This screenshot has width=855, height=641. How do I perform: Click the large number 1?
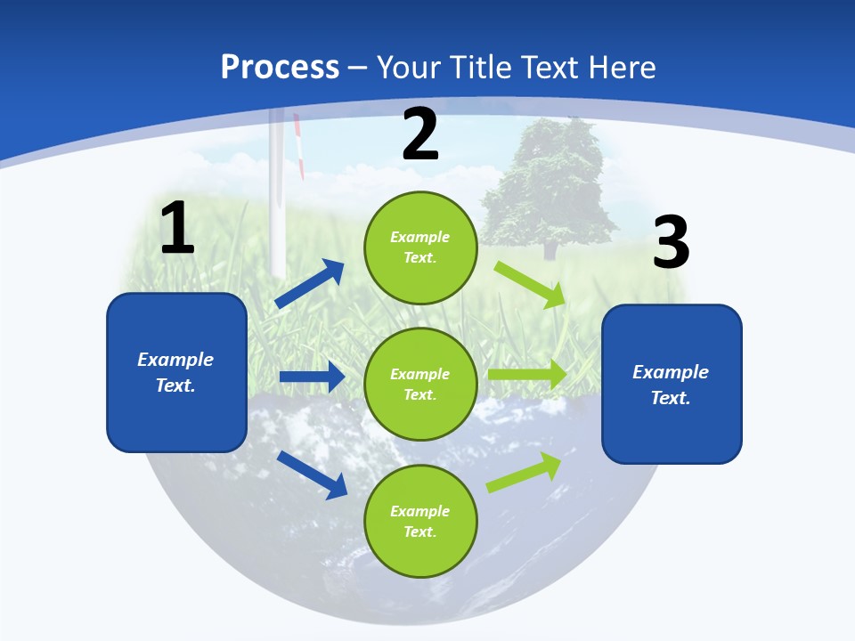click(177, 228)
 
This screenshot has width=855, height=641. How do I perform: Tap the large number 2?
click(420, 134)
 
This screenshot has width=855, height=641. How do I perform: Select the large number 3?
click(671, 243)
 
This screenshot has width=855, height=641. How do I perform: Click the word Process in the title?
click(280, 67)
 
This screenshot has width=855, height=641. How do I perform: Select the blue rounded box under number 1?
click(176, 372)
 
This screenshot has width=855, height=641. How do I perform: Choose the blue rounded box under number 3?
click(672, 384)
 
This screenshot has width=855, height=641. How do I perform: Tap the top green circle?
click(420, 247)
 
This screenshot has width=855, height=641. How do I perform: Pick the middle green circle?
click(420, 384)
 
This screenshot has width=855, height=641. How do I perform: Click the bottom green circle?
click(420, 521)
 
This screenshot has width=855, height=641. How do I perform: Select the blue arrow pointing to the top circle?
click(310, 284)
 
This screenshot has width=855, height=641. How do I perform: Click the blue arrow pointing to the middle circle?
click(312, 377)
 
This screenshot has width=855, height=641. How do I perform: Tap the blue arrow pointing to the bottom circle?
click(312, 474)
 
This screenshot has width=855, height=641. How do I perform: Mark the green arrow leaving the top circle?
click(531, 284)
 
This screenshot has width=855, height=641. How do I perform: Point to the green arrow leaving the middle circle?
click(527, 375)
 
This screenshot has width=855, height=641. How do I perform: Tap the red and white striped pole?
click(300, 147)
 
